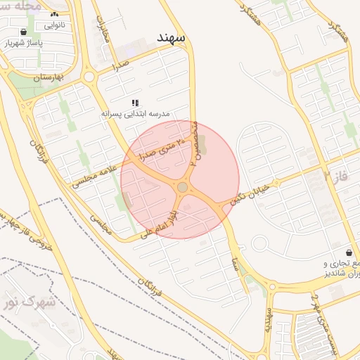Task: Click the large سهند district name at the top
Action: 171,36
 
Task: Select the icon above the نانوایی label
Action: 55,14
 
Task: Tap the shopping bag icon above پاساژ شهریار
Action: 25,32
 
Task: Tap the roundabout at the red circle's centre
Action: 183,187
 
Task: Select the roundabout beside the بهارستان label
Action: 89,77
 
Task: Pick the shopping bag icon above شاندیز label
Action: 349,252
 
